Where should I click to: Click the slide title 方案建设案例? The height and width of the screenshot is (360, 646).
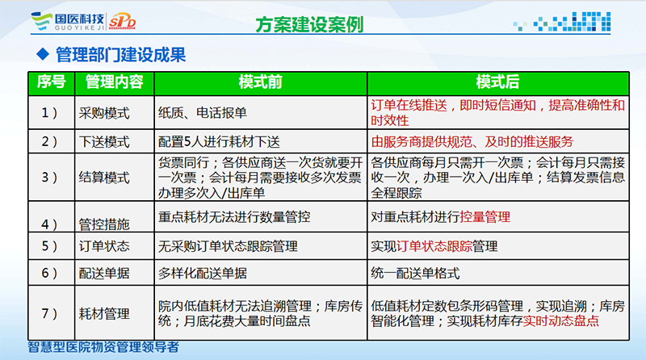[x=309, y=24]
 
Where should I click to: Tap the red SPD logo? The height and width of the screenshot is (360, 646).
[x=122, y=21]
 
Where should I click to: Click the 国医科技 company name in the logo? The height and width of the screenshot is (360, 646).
[x=79, y=19]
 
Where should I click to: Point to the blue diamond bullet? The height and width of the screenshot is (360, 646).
[x=43, y=54]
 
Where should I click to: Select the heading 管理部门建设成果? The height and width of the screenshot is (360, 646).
[x=120, y=55]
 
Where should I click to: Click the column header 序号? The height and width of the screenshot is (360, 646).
[x=52, y=82]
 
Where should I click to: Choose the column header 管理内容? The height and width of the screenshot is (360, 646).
[x=114, y=82]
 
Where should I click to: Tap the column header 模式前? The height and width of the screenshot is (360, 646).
[x=260, y=82]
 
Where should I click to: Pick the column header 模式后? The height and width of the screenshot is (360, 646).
[x=497, y=82]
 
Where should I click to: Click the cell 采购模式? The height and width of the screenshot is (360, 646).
[x=104, y=113]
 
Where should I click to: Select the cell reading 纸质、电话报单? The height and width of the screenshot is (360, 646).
[x=203, y=112]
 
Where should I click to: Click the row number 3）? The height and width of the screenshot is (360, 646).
[x=49, y=178]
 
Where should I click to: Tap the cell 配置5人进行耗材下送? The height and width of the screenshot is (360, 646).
[x=219, y=142]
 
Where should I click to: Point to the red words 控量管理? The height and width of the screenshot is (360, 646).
[x=485, y=216]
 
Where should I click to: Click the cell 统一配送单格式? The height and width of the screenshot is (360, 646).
[x=415, y=273]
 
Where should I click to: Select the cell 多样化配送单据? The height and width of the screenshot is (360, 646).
[x=203, y=273]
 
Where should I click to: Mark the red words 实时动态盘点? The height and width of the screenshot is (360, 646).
[x=561, y=320]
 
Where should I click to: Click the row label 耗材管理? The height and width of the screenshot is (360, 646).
[x=104, y=313]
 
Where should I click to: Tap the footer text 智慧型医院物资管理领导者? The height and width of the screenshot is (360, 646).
[x=103, y=347]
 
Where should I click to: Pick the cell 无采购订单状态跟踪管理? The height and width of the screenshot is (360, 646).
[x=228, y=246]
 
